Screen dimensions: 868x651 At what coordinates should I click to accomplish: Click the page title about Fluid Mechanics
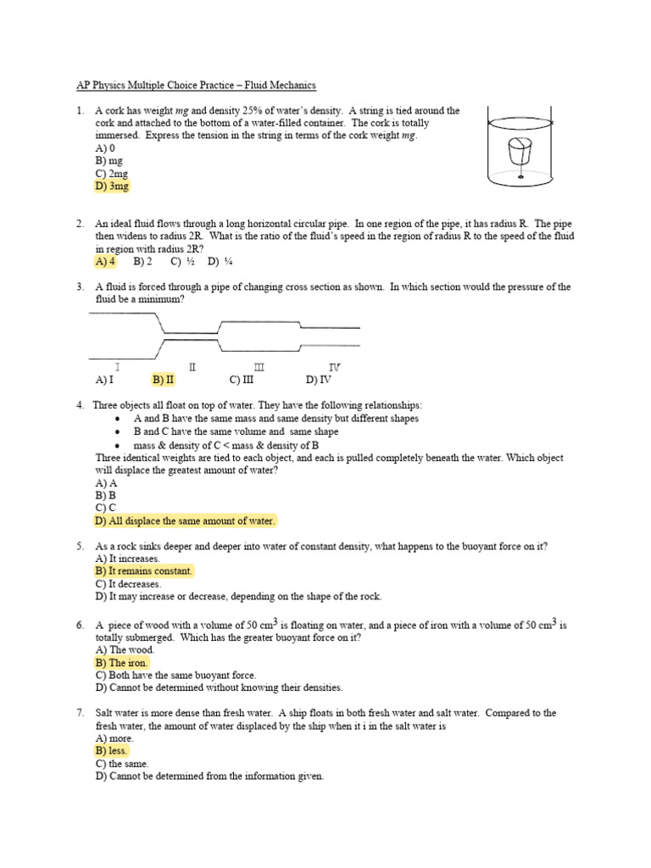[x=192, y=86]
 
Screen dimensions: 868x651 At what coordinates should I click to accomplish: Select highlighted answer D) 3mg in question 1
[x=113, y=186]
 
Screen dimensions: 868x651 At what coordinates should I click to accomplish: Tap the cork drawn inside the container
[x=518, y=154]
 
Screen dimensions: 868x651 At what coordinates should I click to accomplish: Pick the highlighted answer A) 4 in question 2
[x=106, y=262]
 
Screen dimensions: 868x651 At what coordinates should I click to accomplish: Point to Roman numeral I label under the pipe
[x=117, y=367]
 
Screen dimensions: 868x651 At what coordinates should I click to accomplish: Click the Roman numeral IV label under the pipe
[x=334, y=367]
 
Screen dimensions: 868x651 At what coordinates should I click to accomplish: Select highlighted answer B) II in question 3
[x=163, y=380]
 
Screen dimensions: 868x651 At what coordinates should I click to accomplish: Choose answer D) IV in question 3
[x=318, y=380]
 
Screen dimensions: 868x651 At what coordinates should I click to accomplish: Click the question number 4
[x=79, y=405]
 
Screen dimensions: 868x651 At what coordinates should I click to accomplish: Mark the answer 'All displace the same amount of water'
[x=186, y=520]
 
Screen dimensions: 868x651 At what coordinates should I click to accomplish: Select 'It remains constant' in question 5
[x=144, y=571]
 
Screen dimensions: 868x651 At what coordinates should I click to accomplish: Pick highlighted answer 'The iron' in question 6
[x=123, y=662]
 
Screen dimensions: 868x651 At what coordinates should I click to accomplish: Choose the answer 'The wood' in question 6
[x=125, y=649]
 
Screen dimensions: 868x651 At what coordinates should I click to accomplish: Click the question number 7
[x=79, y=713]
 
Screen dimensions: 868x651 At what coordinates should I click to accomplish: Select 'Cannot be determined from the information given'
[x=209, y=776]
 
